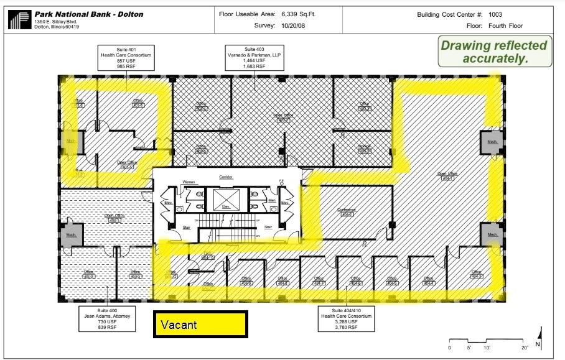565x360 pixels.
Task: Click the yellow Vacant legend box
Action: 200,325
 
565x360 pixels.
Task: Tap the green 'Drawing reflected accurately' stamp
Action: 495,52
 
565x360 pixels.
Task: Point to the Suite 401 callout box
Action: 126,57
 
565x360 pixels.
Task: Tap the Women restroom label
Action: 189,182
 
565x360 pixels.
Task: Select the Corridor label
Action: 225,177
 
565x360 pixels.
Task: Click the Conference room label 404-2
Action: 346,212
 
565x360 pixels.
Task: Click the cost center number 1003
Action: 496,14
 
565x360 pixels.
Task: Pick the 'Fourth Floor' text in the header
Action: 505,26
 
